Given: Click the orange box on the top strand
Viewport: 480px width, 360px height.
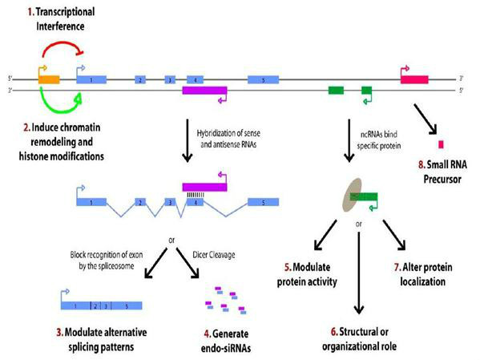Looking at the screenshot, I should [48, 80].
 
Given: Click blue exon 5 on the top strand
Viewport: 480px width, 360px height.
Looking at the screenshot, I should [264, 80].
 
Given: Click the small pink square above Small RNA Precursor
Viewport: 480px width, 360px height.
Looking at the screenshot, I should [440, 144].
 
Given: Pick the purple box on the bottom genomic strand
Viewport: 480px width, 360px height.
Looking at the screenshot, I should [204, 91].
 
